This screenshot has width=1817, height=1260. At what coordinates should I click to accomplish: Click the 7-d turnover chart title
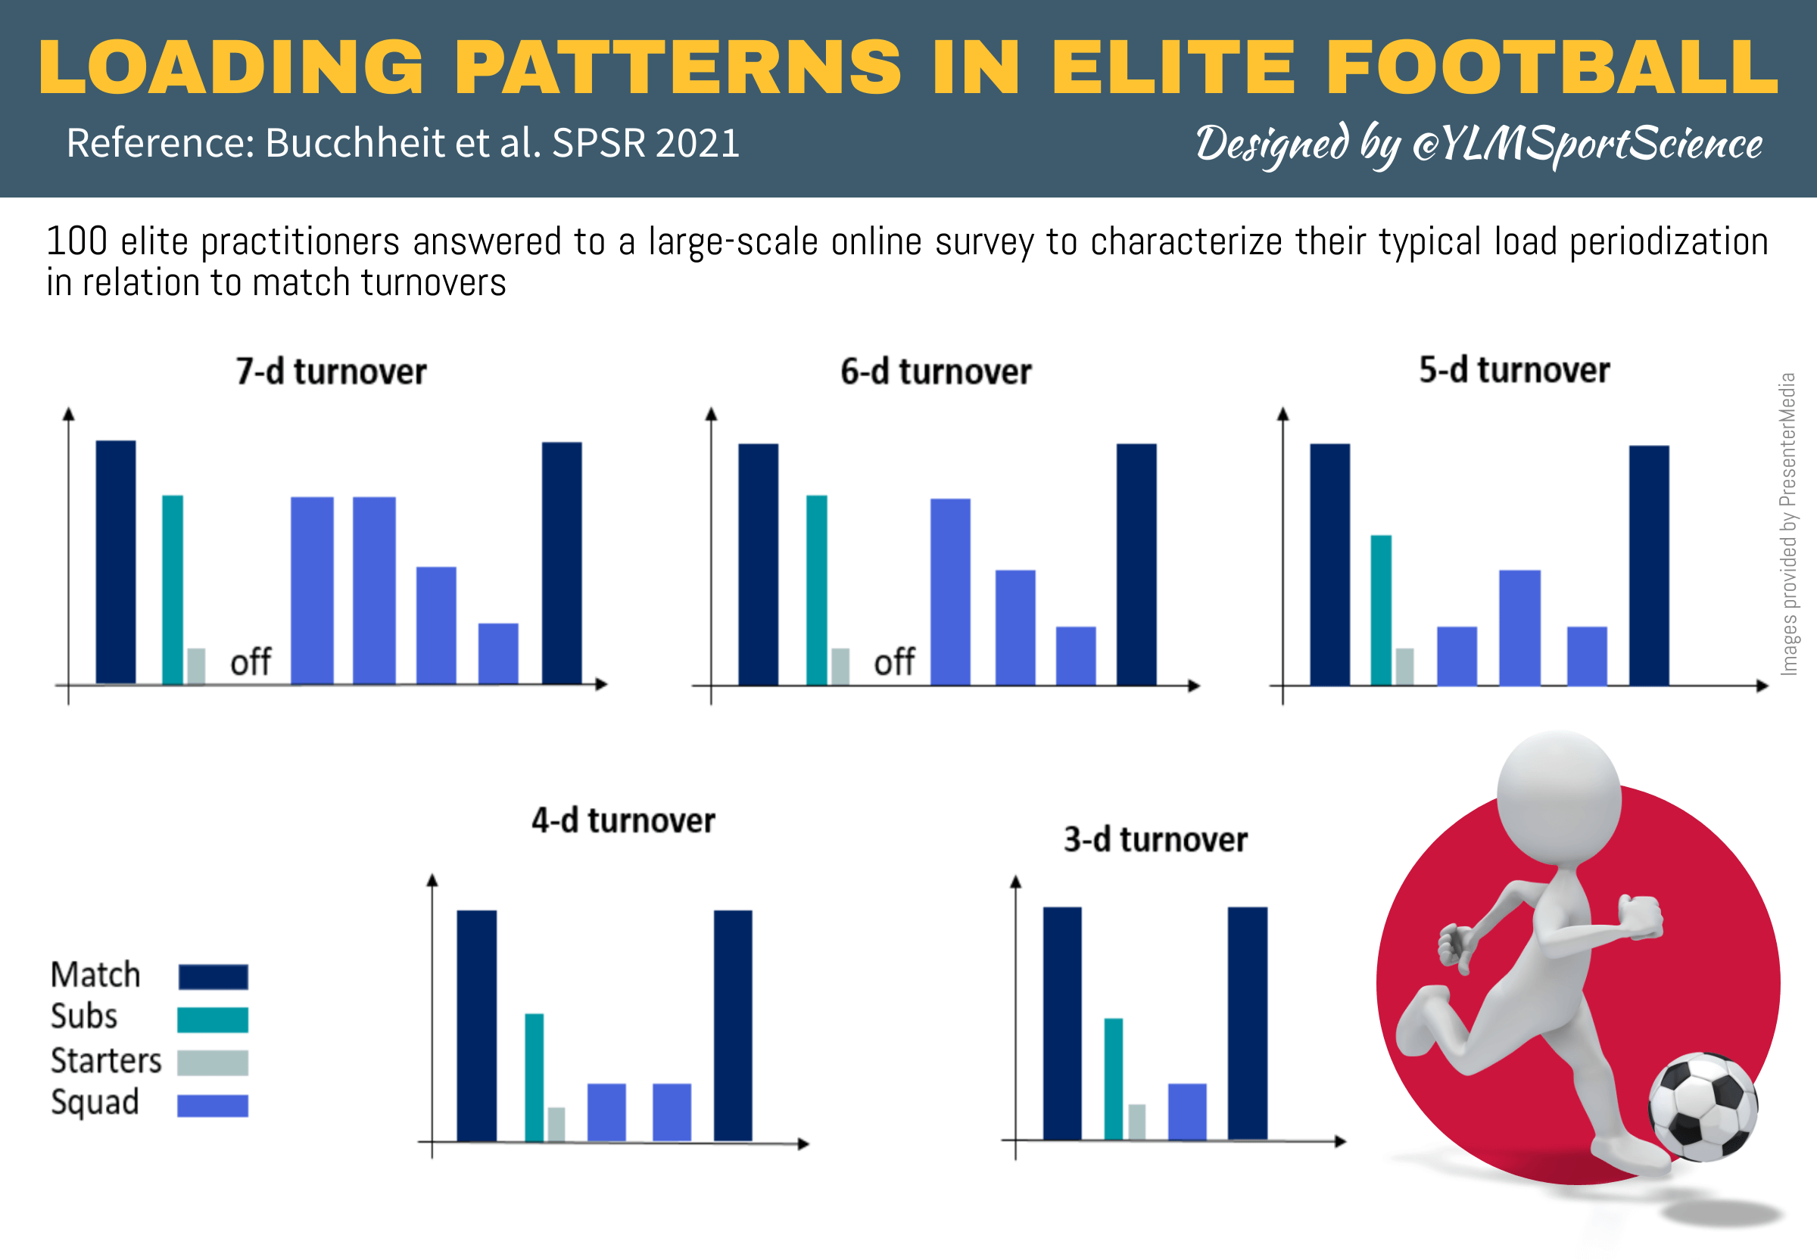[331, 371]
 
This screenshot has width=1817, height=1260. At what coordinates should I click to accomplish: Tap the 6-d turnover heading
[936, 371]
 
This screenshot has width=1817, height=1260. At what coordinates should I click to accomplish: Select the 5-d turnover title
[1513, 369]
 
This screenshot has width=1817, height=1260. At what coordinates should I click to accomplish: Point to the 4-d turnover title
[623, 820]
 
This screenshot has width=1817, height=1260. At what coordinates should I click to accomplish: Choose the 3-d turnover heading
[1155, 839]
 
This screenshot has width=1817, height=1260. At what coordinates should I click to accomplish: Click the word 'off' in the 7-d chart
[251, 661]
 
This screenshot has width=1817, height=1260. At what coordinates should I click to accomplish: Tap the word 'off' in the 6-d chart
[894, 661]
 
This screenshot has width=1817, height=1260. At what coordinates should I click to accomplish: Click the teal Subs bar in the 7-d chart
[172, 589]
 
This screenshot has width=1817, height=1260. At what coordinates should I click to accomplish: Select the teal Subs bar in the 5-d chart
[1381, 609]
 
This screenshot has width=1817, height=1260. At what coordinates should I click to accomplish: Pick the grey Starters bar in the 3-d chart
[1137, 1122]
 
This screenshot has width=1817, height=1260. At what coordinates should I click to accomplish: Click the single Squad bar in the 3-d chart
[1187, 1112]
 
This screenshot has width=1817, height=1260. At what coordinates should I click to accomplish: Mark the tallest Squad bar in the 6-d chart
[950, 591]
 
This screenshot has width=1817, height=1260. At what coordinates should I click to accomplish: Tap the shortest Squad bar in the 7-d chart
[498, 654]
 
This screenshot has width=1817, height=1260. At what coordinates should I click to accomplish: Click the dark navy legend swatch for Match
[213, 976]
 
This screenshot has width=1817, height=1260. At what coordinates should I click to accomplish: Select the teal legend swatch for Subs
[213, 1019]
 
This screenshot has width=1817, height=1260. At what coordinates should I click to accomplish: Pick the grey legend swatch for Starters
[213, 1062]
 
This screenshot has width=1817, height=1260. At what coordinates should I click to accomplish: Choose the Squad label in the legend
[95, 1102]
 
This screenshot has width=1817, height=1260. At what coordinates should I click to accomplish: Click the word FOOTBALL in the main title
[1552, 67]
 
